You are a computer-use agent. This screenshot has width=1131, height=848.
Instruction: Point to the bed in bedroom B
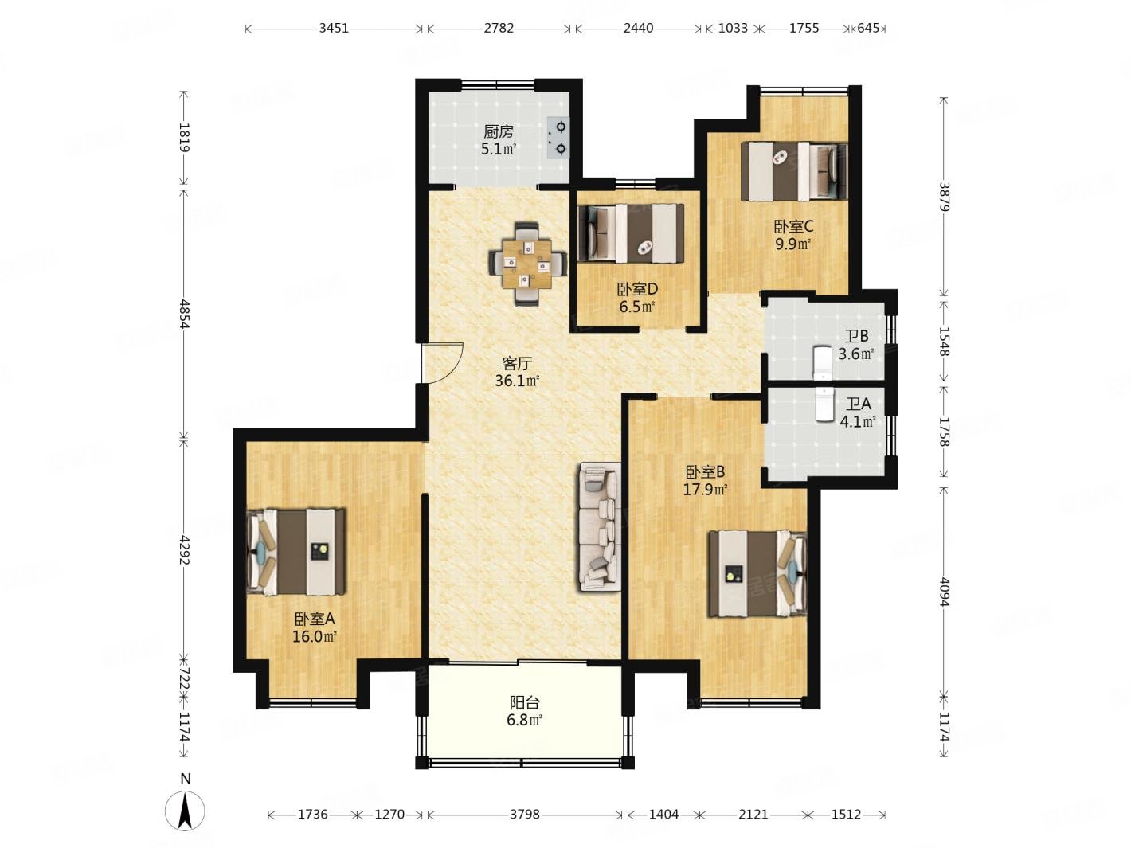(757, 573)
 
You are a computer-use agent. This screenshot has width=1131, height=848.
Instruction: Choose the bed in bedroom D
(631, 233)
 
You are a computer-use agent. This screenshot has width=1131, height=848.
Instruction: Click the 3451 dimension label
(334, 29)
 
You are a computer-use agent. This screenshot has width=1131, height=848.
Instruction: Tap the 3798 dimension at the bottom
(525, 814)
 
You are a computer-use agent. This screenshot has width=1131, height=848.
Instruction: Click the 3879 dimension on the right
(944, 196)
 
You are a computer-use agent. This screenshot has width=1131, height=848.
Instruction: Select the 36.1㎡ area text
(517, 381)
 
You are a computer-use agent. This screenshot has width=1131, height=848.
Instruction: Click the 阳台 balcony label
(525, 702)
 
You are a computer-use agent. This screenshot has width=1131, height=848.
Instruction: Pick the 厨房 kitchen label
(499, 132)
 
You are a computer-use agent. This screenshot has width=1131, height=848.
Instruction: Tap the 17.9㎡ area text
(705, 489)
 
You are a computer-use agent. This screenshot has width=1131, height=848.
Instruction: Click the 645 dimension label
(868, 29)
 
